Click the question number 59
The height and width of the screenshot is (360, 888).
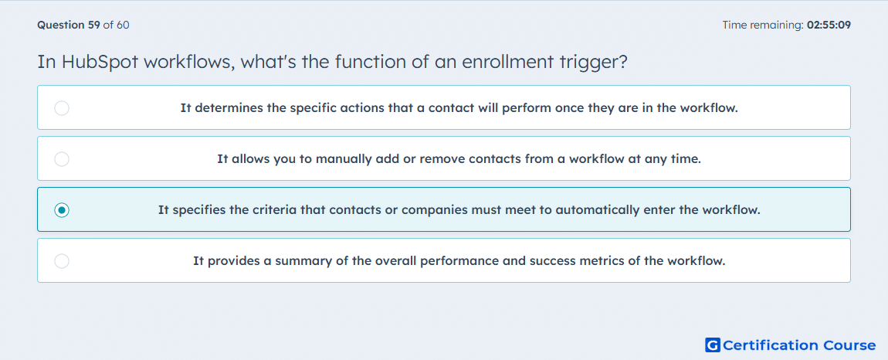(94, 25)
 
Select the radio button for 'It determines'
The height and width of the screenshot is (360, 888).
(62, 107)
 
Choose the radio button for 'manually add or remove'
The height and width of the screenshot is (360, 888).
(62, 159)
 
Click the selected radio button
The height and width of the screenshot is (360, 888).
(62, 210)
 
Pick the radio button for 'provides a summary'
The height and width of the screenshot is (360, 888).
(62, 261)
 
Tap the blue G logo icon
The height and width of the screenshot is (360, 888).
(713, 345)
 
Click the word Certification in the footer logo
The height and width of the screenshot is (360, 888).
(771, 345)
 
